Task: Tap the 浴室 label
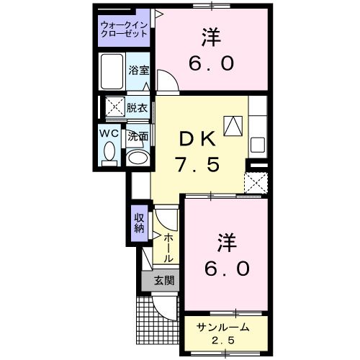pos(139,70)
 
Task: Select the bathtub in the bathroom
pos(112,71)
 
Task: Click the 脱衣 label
pos(138,109)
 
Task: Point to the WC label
pos(109,135)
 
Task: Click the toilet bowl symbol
pos(109,153)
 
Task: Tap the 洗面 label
pos(138,136)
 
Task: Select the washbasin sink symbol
pos(137,157)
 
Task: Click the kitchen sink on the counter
pos(257,142)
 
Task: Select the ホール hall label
pos(168,248)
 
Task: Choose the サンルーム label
pos(224,327)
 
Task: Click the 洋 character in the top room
pos(211,37)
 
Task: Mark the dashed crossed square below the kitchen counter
pos(256,183)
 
